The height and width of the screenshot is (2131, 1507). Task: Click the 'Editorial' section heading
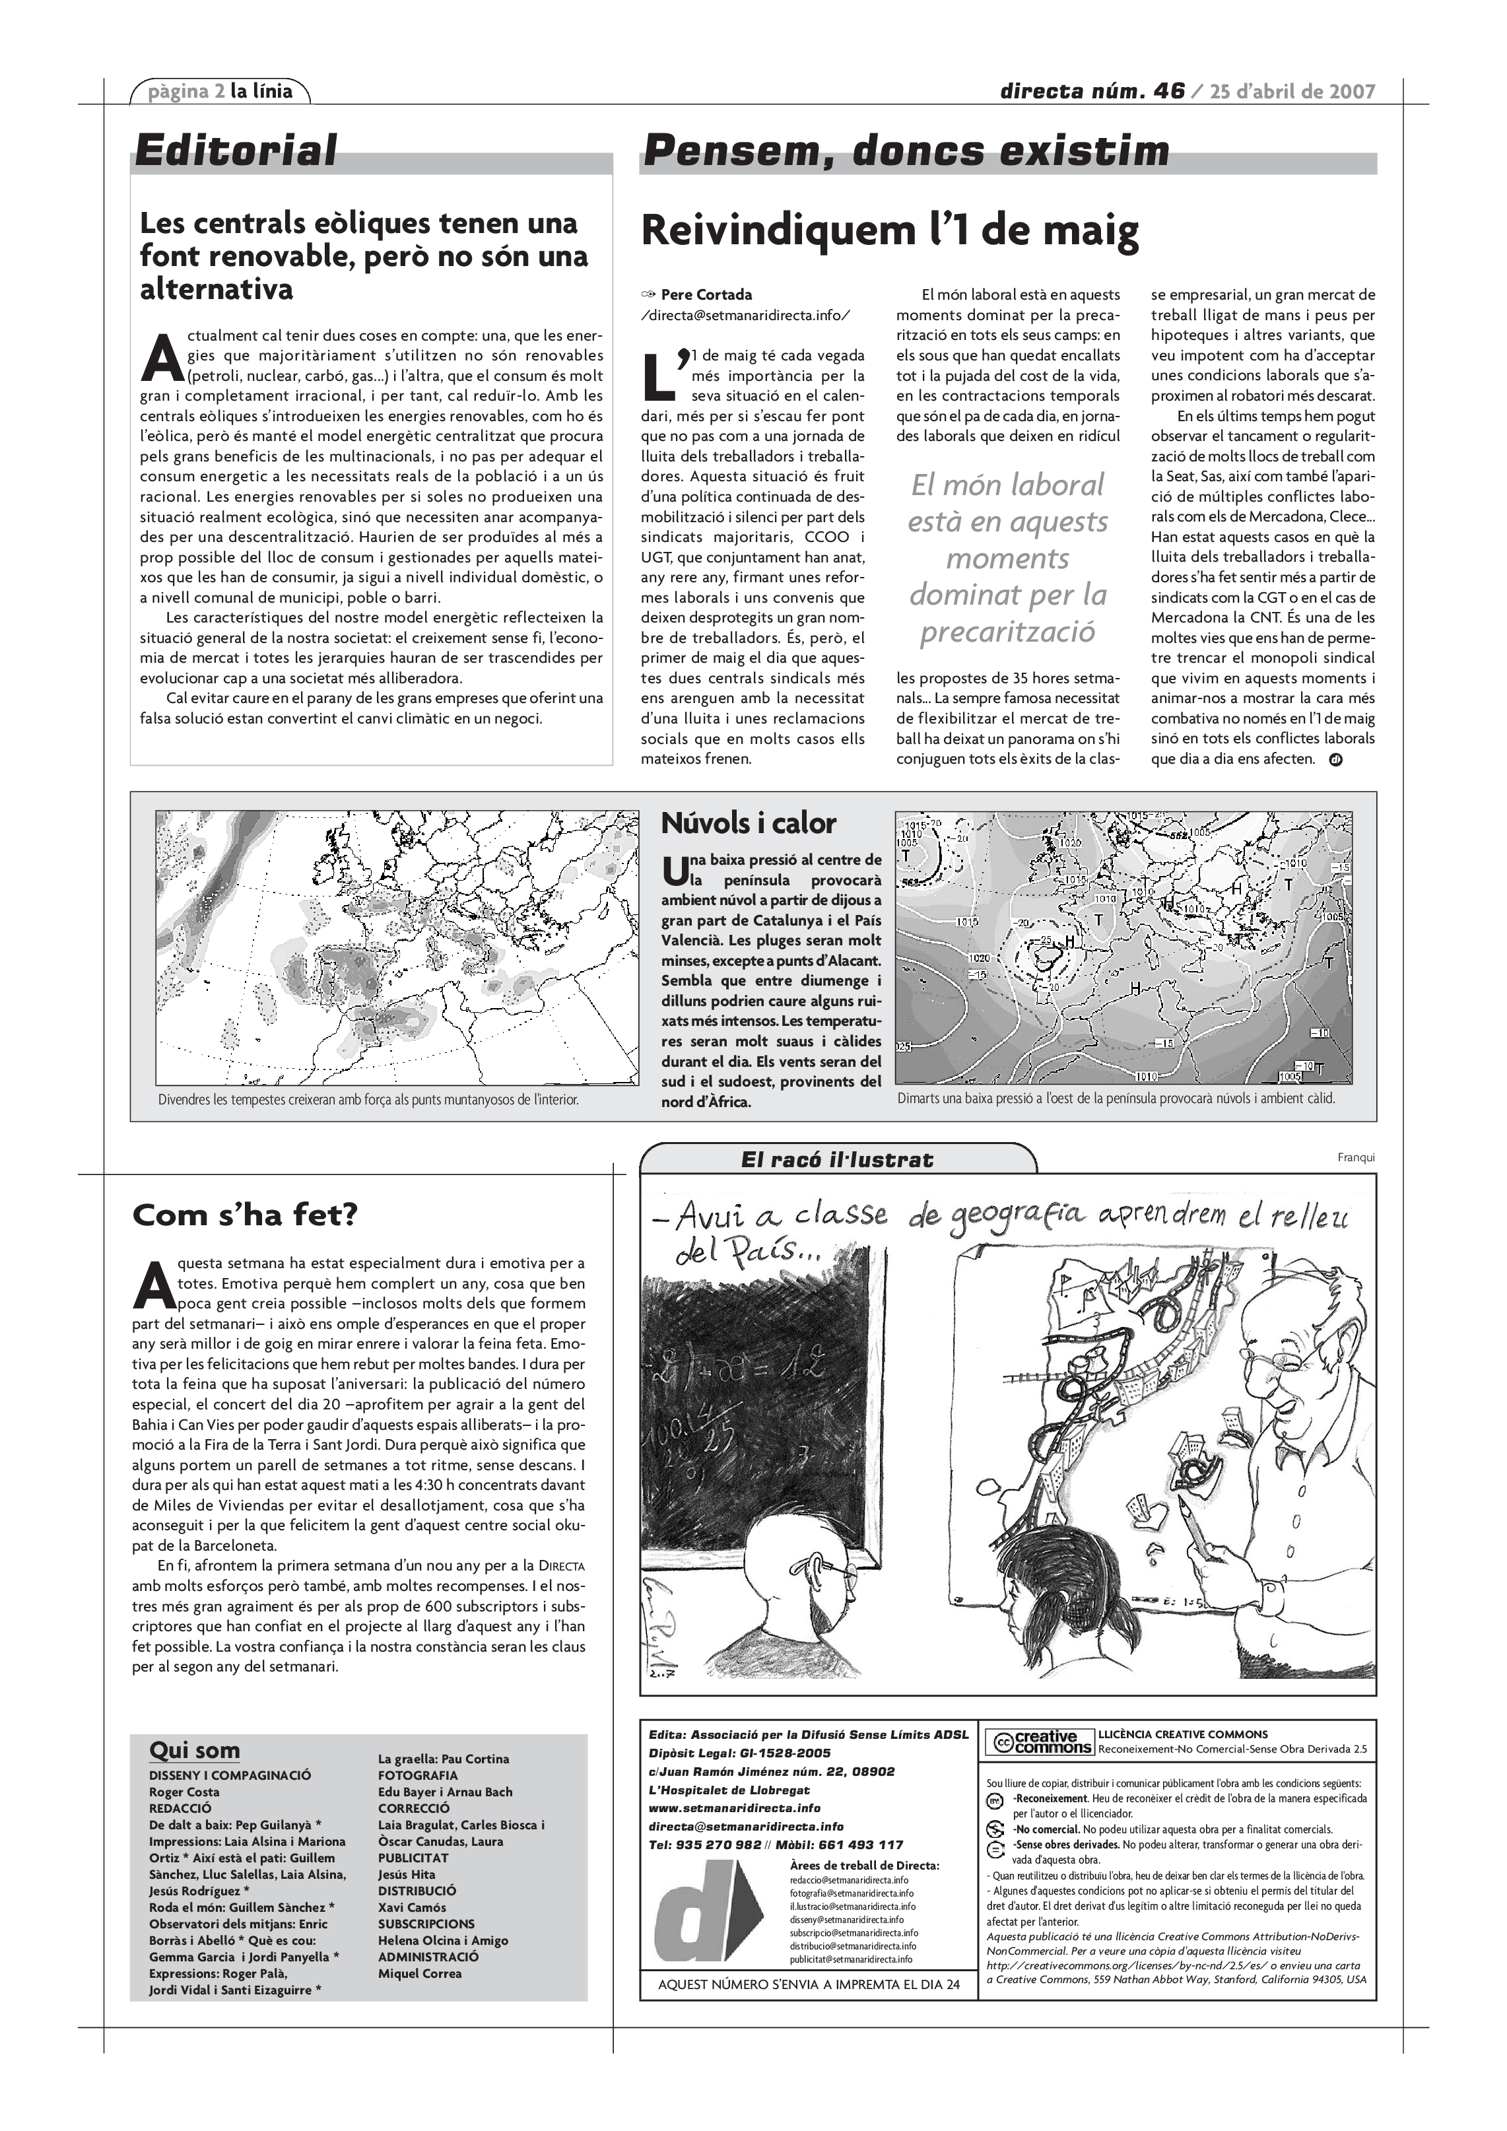(x=236, y=151)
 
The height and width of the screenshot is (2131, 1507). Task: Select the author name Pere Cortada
(x=706, y=295)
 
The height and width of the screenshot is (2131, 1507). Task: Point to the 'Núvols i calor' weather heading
(x=748, y=823)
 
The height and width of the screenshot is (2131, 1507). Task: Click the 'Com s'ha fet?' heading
(x=244, y=1215)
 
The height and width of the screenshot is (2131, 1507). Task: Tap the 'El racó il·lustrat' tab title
(x=837, y=1159)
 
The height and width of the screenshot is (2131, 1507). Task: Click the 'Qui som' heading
(x=194, y=1751)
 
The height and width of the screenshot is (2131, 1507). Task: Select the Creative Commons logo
(x=1039, y=1742)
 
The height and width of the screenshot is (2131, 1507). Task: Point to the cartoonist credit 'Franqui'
(x=1356, y=1157)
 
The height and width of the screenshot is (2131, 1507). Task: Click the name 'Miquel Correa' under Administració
(x=419, y=1973)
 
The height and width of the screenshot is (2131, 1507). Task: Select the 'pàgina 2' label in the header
(x=187, y=91)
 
